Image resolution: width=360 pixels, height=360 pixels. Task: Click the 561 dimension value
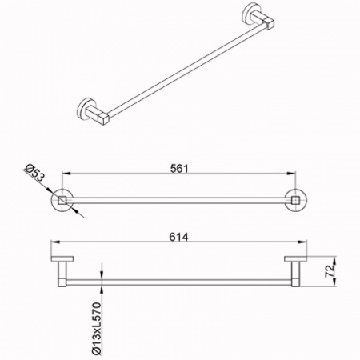click(x=179, y=169)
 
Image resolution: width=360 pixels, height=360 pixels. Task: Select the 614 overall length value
click(x=178, y=237)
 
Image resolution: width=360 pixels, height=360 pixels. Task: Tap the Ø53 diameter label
click(x=34, y=173)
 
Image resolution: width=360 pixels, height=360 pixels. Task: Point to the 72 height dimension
click(x=330, y=270)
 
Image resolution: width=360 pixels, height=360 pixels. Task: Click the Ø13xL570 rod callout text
click(x=97, y=329)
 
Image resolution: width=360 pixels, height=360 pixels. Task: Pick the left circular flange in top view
click(x=62, y=200)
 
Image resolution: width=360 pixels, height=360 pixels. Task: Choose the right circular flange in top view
click(x=296, y=200)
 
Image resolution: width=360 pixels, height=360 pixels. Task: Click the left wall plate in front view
click(x=62, y=258)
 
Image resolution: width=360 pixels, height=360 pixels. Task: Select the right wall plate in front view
click(x=296, y=258)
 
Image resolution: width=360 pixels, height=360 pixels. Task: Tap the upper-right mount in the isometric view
click(x=258, y=16)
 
